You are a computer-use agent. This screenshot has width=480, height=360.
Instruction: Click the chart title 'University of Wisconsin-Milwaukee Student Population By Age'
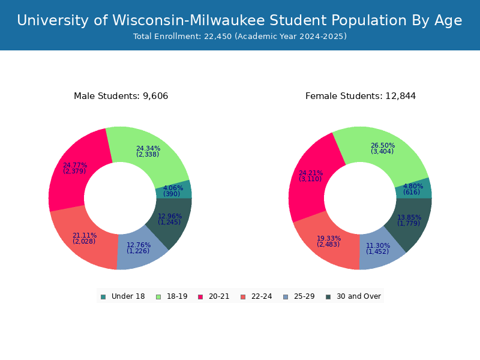pyautogui.click(x=239, y=21)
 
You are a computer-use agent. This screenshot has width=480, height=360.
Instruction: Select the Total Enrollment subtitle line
pyautogui.click(x=239, y=37)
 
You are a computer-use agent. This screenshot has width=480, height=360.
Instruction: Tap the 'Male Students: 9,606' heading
pyautogui.click(x=121, y=96)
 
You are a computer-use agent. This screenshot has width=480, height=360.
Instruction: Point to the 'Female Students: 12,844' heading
pyautogui.click(x=360, y=96)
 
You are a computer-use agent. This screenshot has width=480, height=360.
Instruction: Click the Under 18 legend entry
pyautogui.click(x=122, y=296)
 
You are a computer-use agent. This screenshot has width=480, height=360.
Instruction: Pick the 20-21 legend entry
pyautogui.click(x=214, y=296)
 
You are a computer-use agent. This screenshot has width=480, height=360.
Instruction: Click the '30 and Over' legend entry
pyautogui.click(x=353, y=296)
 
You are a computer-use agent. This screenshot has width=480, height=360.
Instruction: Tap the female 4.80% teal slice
pyautogui.click(x=418, y=188)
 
